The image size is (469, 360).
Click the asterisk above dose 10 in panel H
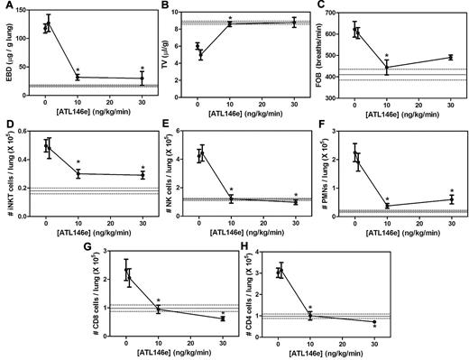pyautogui.click(x=310, y=308)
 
